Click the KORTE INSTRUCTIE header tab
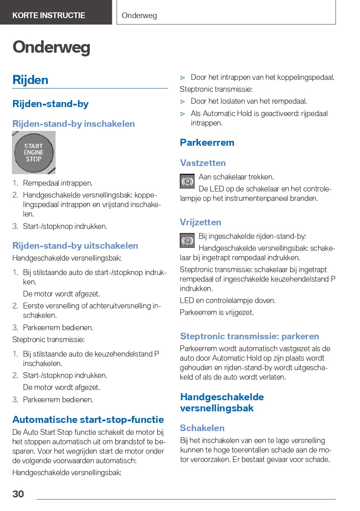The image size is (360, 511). [49, 16]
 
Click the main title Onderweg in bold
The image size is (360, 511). [51, 47]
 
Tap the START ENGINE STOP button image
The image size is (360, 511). [34, 152]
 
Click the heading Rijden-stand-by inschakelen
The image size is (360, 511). [74, 124]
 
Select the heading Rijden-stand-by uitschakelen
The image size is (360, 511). [75, 246]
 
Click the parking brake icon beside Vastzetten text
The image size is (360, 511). [187, 181]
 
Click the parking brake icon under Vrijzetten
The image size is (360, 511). [187, 240]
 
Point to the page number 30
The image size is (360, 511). [18, 494]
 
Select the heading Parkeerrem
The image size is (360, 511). [207, 142]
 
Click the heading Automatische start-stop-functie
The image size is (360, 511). [88, 420]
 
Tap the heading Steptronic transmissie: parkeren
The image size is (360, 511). [249, 336]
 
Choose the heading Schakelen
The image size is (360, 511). [202, 428]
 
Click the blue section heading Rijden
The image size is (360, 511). [30, 79]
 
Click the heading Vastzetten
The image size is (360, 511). [203, 163]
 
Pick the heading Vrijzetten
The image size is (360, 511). [200, 222]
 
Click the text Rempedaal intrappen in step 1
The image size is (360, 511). [58, 183]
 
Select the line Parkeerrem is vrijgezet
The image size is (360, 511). [217, 313]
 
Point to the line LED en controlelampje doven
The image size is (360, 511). [228, 301]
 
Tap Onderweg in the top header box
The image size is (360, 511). [139, 16]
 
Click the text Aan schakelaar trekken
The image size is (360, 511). [236, 177]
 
